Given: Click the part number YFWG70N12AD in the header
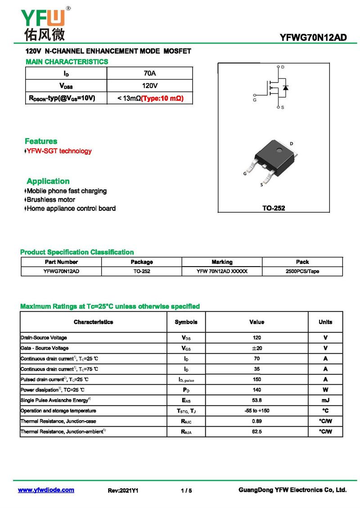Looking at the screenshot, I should pyautogui.click(x=313, y=38).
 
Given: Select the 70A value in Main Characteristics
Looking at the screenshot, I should pyautogui.click(x=149, y=73).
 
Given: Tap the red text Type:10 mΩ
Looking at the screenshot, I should pyautogui.click(x=162, y=98).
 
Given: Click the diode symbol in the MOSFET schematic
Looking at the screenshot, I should pyautogui.click(x=285, y=87).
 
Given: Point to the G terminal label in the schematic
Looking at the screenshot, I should pyautogui.click(x=255, y=100).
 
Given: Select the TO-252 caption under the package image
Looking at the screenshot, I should pyautogui.click(x=274, y=208).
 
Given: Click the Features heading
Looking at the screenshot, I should pyautogui.click(x=41, y=141).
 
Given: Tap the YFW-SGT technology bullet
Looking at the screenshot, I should pyautogui.click(x=58, y=151).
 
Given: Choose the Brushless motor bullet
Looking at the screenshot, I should pyautogui.click(x=50, y=200).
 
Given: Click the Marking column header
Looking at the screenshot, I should pyautogui.click(x=222, y=262).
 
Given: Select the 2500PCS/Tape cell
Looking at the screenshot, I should pyautogui.click(x=302, y=272).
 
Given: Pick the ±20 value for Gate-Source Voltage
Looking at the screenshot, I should pyautogui.click(x=256, y=348).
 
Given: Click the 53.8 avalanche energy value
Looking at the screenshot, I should pyautogui.click(x=256, y=400).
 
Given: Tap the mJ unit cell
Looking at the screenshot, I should pyautogui.click(x=325, y=400).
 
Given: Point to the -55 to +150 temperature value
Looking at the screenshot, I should pyautogui.click(x=256, y=411).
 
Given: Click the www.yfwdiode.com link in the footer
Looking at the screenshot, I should pyautogui.click(x=46, y=490).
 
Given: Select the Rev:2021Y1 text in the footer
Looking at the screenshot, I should pyautogui.click(x=123, y=491).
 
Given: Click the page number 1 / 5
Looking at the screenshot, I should pyautogui.click(x=186, y=491).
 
